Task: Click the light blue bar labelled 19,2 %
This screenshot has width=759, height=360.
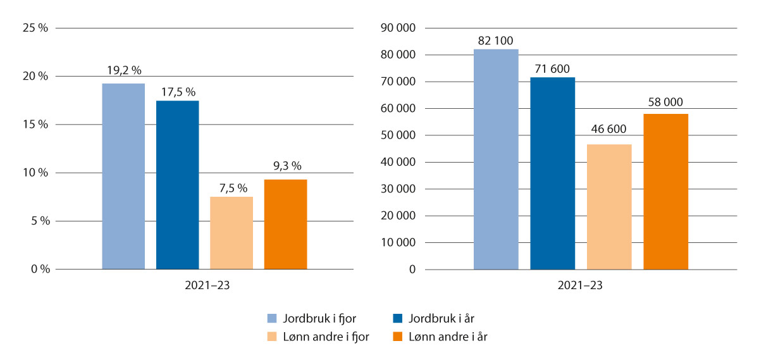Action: pyautogui.click(x=123, y=177)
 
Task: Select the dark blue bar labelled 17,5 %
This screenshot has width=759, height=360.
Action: pyautogui.click(x=177, y=185)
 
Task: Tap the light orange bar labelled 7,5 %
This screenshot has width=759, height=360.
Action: pyautogui.click(x=231, y=233)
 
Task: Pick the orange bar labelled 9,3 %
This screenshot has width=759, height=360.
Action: pyautogui.click(x=285, y=225)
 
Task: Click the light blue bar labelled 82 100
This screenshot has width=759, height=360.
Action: pyautogui.click(x=496, y=159)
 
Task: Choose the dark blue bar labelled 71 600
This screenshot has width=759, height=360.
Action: pyautogui.click(x=553, y=173)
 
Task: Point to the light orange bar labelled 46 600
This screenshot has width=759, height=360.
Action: pyautogui.click(x=609, y=207)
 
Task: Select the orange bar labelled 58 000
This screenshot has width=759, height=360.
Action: pyautogui.click(x=666, y=192)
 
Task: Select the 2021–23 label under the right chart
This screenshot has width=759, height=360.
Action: pyautogui.click(x=580, y=286)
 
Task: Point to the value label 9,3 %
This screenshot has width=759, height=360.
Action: pyautogui.click(x=285, y=166)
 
